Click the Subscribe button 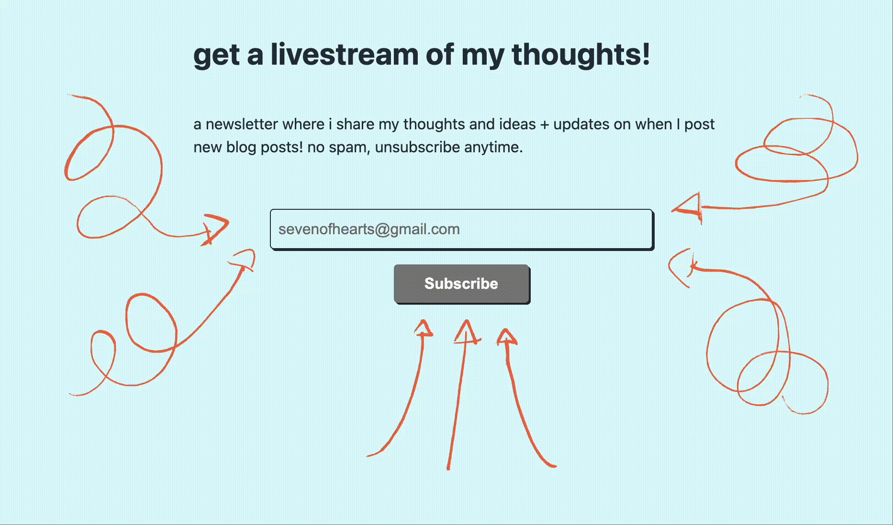[x=461, y=284]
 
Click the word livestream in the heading [x=344, y=54]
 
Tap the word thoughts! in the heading [x=581, y=54]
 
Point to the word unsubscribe [x=417, y=147]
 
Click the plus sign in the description [x=544, y=125]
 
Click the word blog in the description [x=241, y=147]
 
